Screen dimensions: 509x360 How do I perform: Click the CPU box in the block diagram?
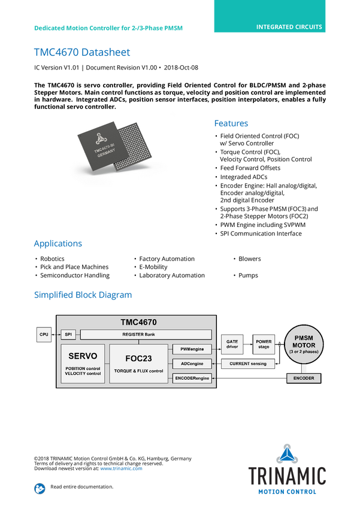[44, 334]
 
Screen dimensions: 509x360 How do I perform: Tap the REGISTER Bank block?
[146, 334]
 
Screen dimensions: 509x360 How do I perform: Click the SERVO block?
[83, 364]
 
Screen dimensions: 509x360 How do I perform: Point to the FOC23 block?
[138, 364]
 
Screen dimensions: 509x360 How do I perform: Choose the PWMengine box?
[192, 348]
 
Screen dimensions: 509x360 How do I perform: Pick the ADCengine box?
[192, 363]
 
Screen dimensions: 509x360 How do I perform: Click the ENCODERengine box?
[192, 378]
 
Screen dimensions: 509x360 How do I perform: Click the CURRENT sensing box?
[248, 363]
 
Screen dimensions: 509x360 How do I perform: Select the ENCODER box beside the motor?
[304, 378]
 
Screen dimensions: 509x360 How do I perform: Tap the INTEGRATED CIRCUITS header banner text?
[289, 27]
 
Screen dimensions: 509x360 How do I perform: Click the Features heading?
[231, 124]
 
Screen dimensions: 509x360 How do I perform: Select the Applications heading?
[58, 244]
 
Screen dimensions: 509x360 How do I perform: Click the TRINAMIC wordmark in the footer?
[287, 475]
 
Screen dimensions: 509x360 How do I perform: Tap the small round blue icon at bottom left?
[40, 488]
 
